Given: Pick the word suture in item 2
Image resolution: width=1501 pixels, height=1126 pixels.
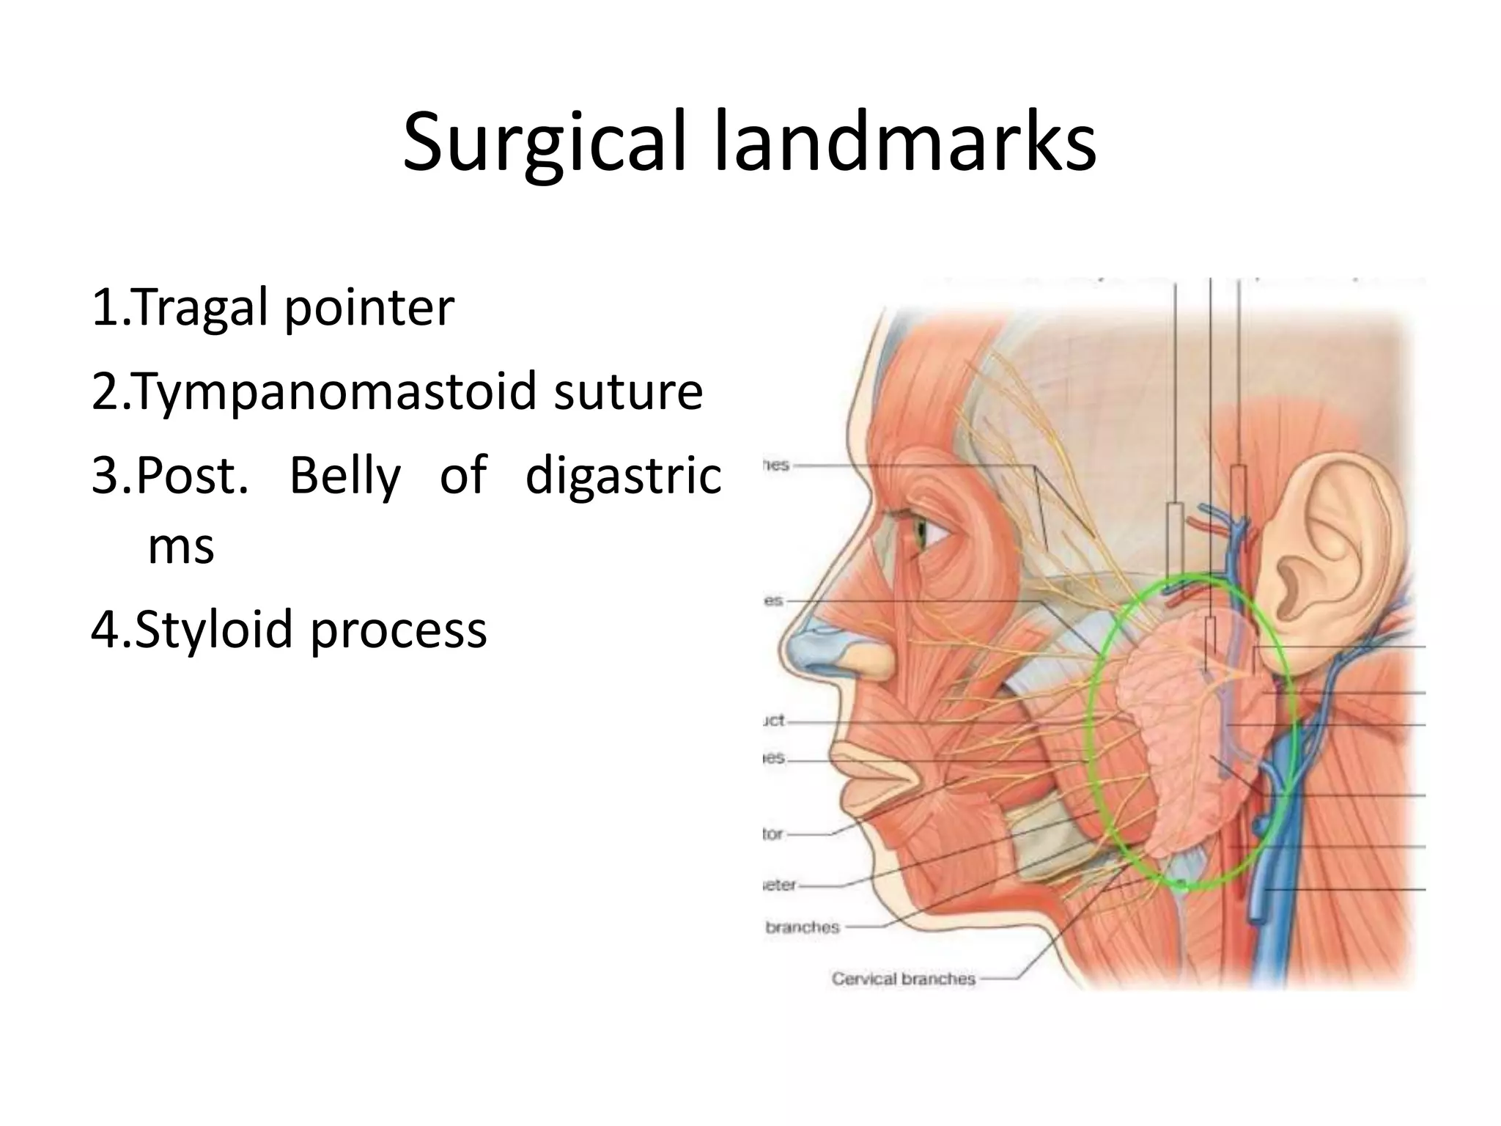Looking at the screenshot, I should pyautogui.click(x=628, y=391).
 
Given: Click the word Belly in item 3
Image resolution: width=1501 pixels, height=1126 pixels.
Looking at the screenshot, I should pyautogui.click(x=344, y=476).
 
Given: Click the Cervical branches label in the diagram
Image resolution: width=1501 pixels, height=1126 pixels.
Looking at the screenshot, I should pyautogui.click(x=903, y=979).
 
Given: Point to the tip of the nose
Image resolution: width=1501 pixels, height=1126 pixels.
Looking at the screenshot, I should pyautogui.click(x=794, y=645).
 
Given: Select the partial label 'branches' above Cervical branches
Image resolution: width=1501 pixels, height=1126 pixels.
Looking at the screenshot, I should pyautogui.click(x=802, y=927).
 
